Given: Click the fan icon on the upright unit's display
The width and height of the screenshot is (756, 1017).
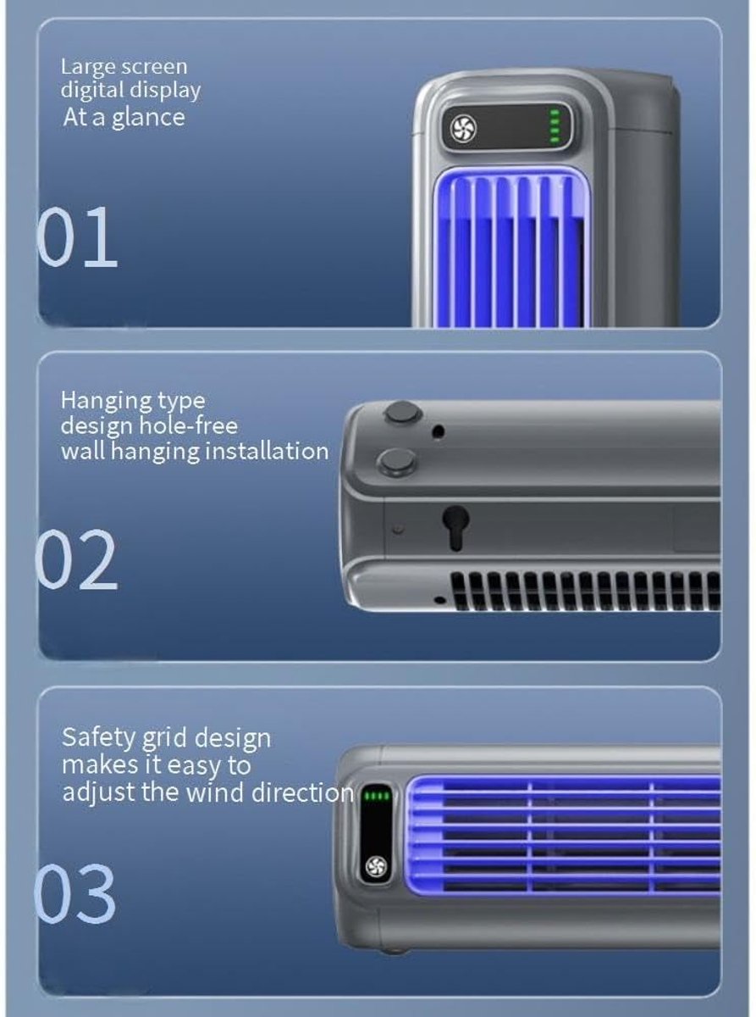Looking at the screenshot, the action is click(463, 128).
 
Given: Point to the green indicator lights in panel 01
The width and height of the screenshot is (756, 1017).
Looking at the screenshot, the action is click(555, 125).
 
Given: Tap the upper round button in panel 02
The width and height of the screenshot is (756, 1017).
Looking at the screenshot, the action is click(403, 413).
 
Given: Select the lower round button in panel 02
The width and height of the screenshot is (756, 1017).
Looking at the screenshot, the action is click(397, 461).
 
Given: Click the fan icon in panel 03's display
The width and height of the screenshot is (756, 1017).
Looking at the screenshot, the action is click(377, 867).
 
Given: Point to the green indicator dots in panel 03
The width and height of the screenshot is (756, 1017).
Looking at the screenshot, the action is click(377, 796).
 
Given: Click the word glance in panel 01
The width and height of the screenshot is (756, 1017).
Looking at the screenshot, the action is click(148, 119).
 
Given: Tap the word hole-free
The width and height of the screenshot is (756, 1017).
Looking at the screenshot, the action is click(188, 425).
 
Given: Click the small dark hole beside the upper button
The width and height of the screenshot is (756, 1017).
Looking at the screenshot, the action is click(439, 431).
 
